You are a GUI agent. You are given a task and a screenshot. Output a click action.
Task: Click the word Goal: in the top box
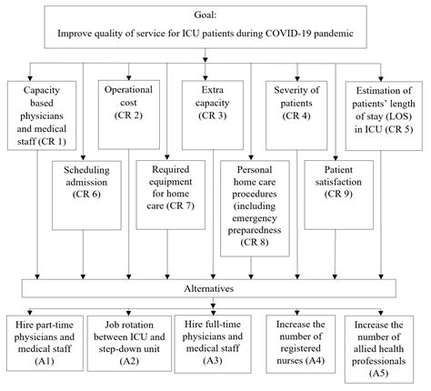click(215, 15)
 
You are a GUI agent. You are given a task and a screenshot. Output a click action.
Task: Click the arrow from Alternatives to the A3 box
click(215, 306)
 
